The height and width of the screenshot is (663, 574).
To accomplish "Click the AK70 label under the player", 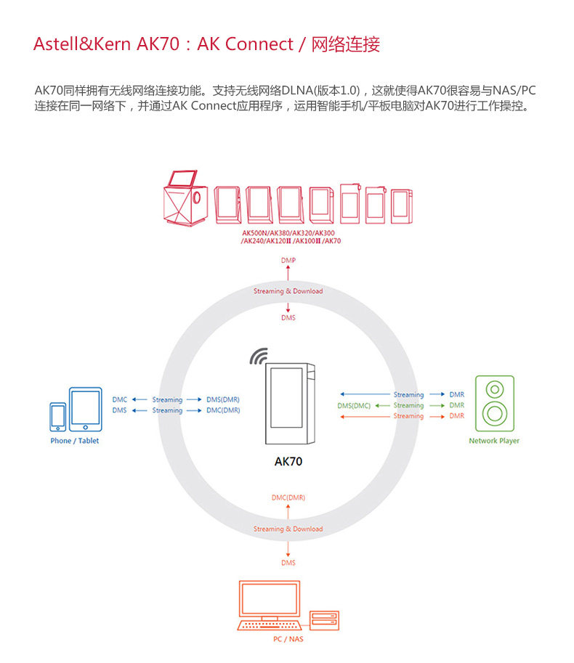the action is pyautogui.click(x=288, y=460).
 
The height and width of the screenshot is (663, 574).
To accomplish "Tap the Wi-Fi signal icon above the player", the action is pyautogui.click(x=259, y=356).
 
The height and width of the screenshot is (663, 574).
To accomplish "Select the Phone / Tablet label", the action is pyautogui.click(x=75, y=441).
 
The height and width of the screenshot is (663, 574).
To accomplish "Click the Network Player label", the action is pyautogui.click(x=494, y=441).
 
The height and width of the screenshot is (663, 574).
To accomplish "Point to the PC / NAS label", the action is pyautogui.click(x=288, y=639).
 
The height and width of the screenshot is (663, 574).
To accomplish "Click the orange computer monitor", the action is pyautogui.click(x=270, y=601).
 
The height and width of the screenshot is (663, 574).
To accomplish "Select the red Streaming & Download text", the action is pyautogui.click(x=288, y=291).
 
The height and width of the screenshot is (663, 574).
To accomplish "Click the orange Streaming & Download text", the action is pyautogui.click(x=288, y=529).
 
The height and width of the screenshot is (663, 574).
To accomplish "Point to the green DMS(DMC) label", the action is pyautogui.click(x=354, y=405).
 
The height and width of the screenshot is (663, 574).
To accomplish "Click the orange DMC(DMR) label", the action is pyautogui.click(x=288, y=497).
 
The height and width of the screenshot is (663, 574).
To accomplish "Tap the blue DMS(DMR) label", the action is pyautogui.click(x=223, y=399).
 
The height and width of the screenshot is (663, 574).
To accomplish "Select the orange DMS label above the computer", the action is pyautogui.click(x=288, y=563).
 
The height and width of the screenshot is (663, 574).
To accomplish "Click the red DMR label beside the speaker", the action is pyautogui.click(x=456, y=416).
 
